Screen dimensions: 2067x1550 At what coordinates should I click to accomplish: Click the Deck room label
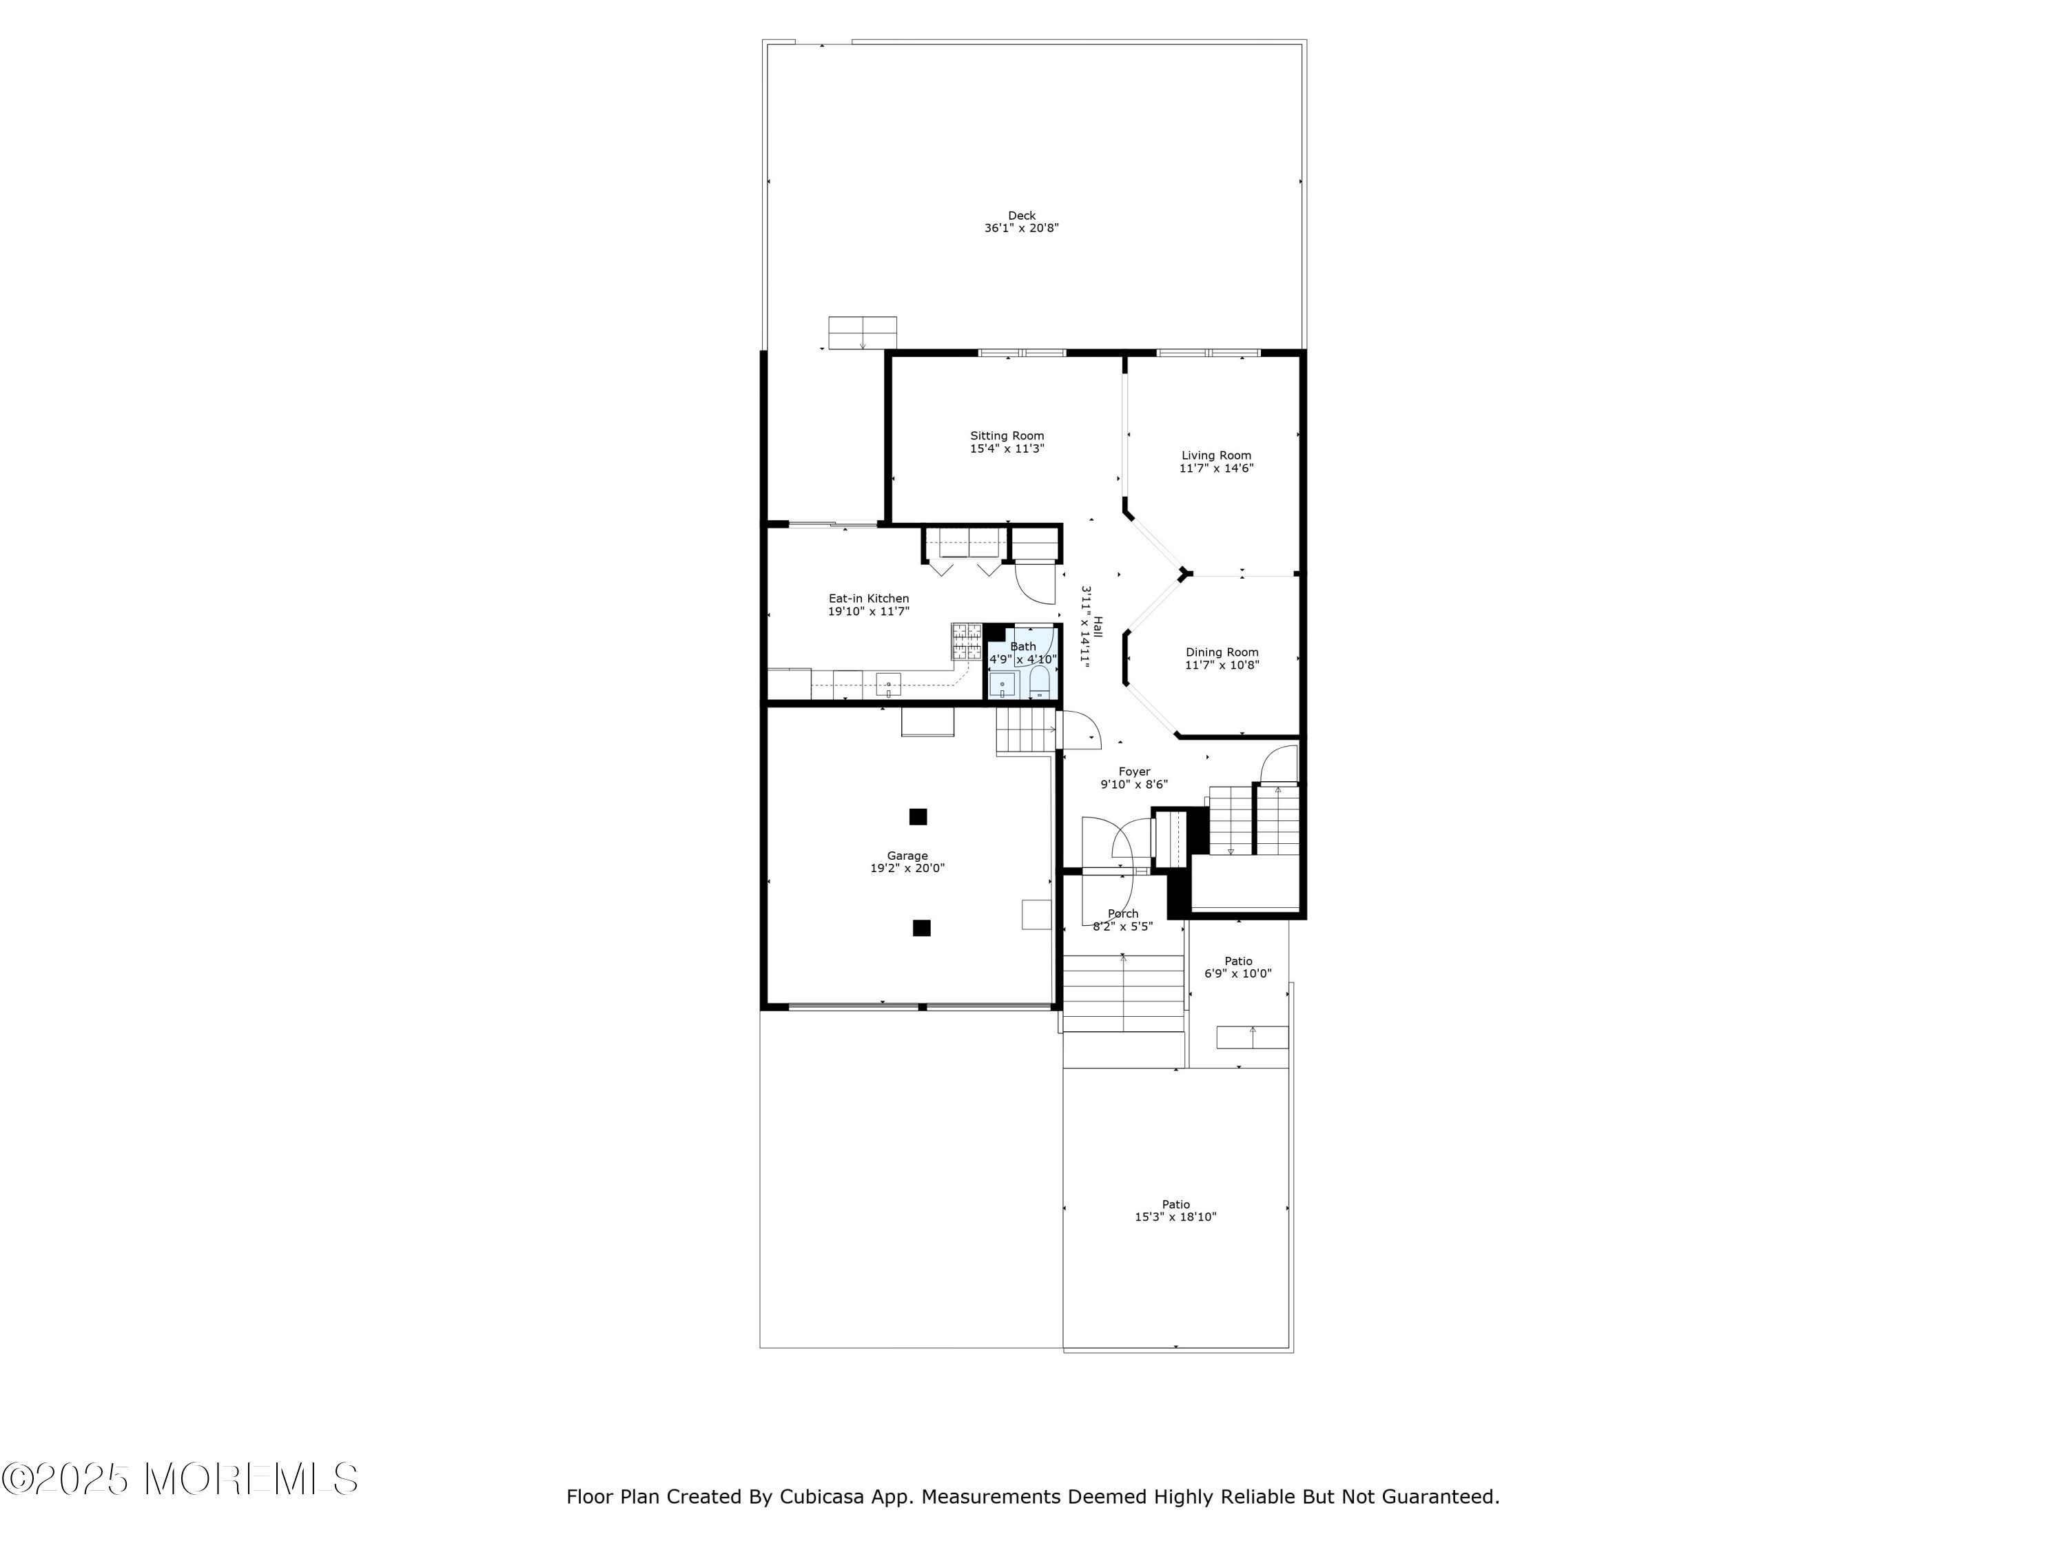pyautogui.click(x=1021, y=216)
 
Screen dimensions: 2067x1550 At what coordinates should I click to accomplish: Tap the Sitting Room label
pyautogui.click(x=1007, y=436)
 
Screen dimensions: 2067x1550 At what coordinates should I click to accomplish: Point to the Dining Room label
pyautogui.click(x=1222, y=653)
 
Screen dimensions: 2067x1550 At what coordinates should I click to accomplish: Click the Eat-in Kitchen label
pyautogui.click(x=868, y=599)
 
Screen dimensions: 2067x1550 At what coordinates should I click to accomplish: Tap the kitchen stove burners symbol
pyautogui.click(x=966, y=642)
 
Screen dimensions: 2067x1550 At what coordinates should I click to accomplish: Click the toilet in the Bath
pyautogui.click(x=1039, y=683)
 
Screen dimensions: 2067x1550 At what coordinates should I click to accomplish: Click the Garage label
pyautogui.click(x=907, y=856)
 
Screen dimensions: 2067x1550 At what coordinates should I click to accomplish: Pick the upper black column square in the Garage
pyautogui.click(x=918, y=816)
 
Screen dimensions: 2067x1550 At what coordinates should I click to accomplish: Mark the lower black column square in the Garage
pyautogui.click(x=921, y=928)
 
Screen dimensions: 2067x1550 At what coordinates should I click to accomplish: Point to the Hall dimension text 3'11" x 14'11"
pyautogui.click(x=1085, y=624)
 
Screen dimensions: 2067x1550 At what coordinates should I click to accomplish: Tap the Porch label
pyautogui.click(x=1122, y=913)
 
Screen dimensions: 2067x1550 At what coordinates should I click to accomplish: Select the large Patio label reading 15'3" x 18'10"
pyautogui.click(x=1175, y=1211)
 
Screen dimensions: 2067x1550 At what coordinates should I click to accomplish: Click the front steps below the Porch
pyautogui.click(x=1123, y=993)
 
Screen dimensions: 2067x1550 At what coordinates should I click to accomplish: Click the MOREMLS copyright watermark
pyautogui.click(x=179, y=1479)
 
